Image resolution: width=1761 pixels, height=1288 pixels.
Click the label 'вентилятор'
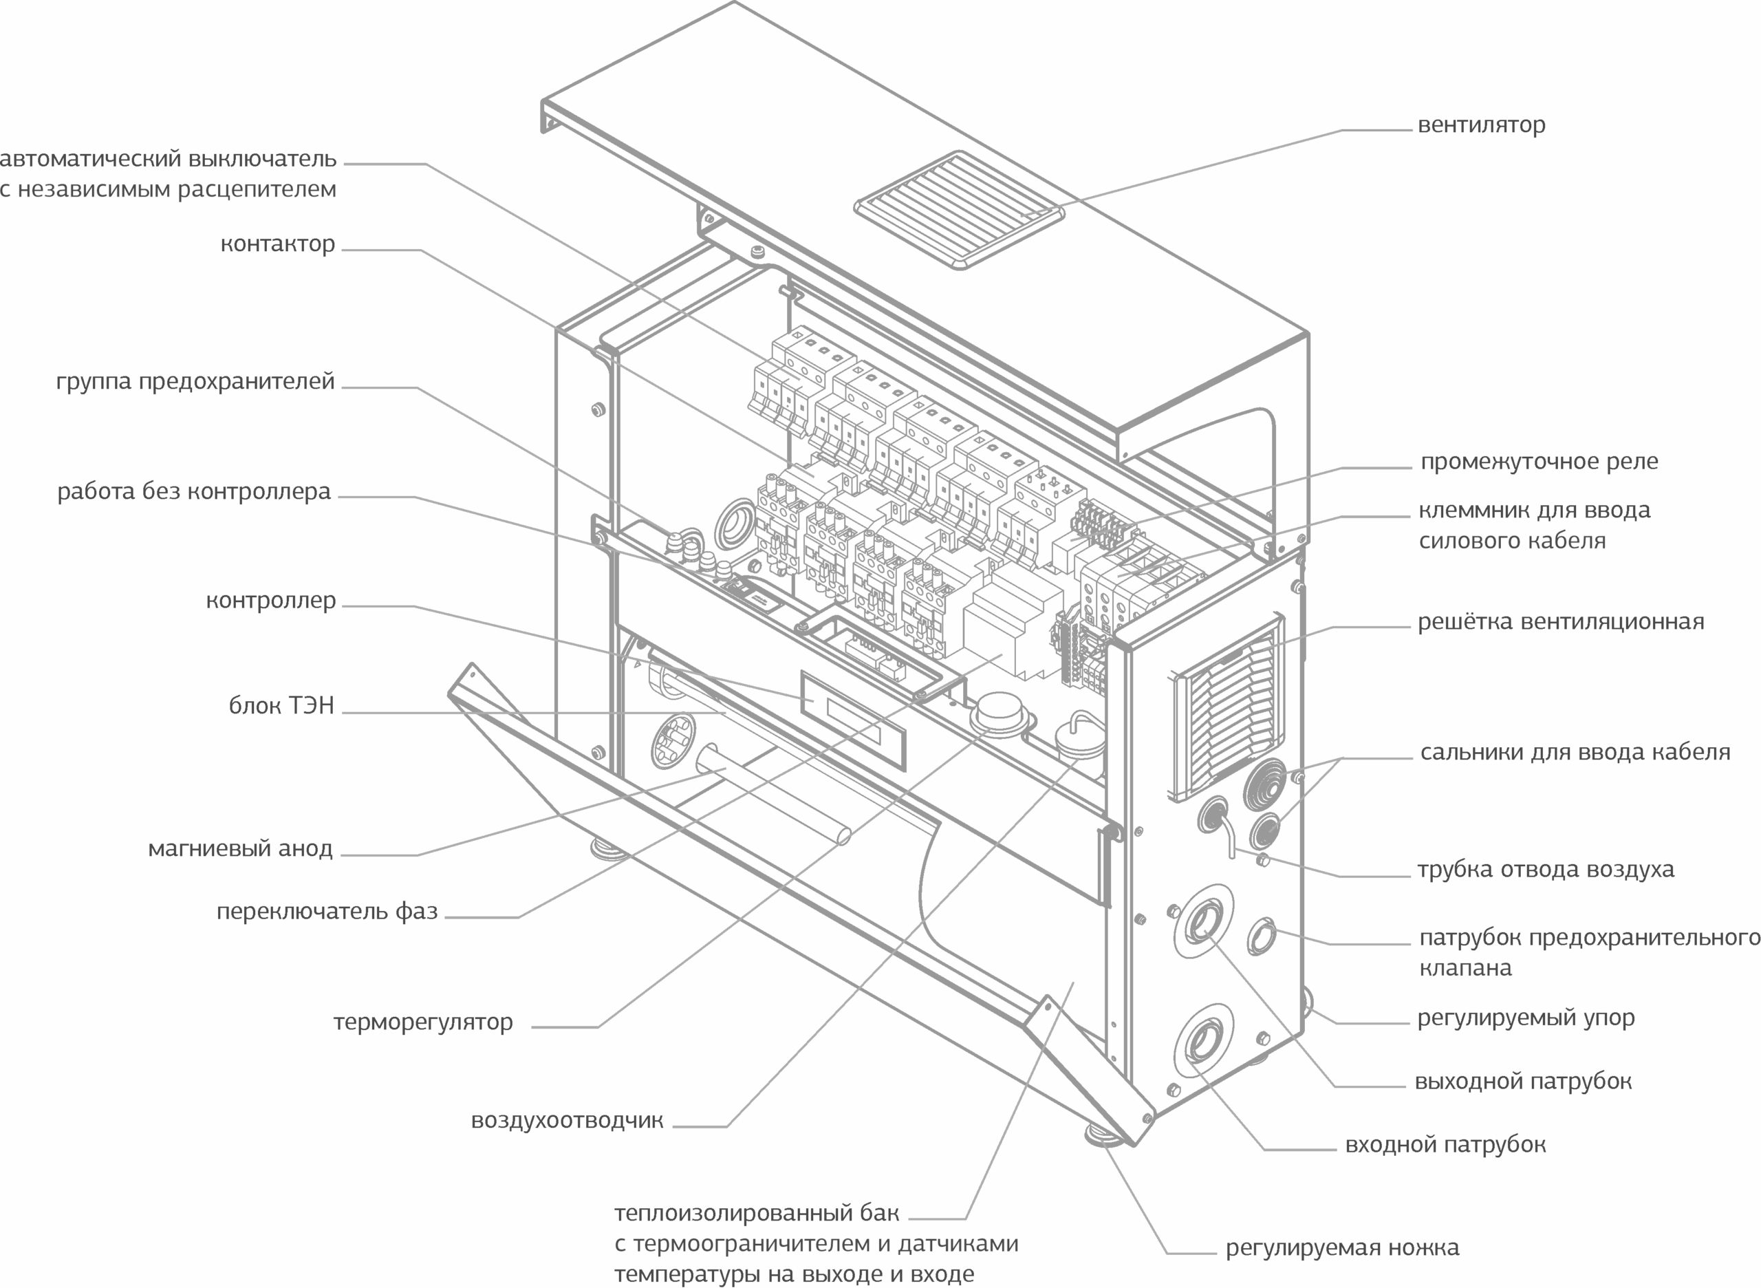point(1481,125)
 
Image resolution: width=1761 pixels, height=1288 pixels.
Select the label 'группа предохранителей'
point(195,381)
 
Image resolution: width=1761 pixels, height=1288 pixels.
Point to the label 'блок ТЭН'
point(281,706)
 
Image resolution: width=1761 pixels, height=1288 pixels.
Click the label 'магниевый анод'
point(240,848)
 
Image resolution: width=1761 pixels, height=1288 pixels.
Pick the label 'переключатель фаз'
point(327,912)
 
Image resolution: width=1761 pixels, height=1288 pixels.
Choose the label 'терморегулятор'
point(422,1022)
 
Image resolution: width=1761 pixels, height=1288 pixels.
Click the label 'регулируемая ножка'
point(1342,1248)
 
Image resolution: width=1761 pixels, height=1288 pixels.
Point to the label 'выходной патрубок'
point(1522,1082)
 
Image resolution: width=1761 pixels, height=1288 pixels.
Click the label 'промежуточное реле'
point(1539,462)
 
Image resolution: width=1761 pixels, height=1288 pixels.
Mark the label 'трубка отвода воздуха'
point(1545,869)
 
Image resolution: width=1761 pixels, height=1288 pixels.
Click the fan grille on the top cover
point(960,211)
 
